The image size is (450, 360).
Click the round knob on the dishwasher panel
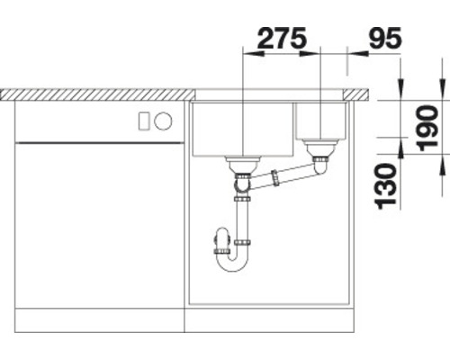click(x=164, y=121)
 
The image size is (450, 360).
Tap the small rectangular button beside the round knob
click(x=144, y=121)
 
